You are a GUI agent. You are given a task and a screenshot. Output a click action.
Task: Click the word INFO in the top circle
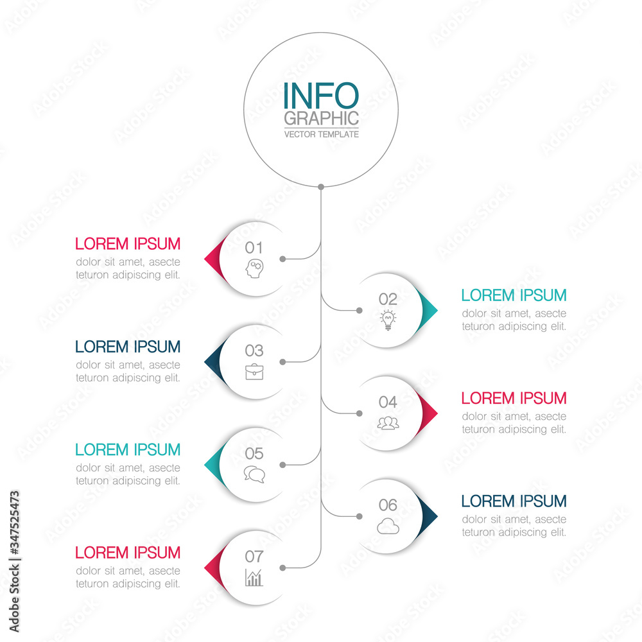pyautogui.click(x=320, y=96)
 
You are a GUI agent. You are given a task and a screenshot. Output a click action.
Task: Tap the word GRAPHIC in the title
pyautogui.click(x=321, y=119)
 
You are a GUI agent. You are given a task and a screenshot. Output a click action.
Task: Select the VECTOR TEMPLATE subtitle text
pyautogui.click(x=321, y=134)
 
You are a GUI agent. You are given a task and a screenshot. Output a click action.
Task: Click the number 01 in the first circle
pyautogui.click(x=254, y=248)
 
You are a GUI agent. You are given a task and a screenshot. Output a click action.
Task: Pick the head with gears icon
pyautogui.click(x=254, y=268)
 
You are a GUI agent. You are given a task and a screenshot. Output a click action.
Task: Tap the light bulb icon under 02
pyautogui.click(x=388, y=320)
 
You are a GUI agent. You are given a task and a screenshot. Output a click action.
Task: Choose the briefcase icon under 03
pyautogui.click(x=254, y=372)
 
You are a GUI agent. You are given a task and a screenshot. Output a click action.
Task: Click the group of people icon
pyautogui.click(x=388, y=423)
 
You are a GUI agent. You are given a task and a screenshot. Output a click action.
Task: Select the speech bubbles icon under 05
pyautogui.click(x=254, y=474)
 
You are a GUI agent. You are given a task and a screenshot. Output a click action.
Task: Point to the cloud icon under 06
pyautogui.click(x=388, y=526)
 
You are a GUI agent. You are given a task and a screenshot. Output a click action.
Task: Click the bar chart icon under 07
pyautogui.click(x=254, y=578)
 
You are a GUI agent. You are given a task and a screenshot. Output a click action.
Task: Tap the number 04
pyautogui.click(x=388, y=402)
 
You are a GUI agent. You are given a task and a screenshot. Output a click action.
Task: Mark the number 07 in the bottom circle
pyautogui.click(x=254, y=557)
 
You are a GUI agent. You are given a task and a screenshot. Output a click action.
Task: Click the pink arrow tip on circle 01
pyautogui.click(x=211, y=259)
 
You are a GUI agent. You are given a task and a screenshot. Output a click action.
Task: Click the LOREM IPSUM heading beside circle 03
pyautogui.click(x=128, y=347)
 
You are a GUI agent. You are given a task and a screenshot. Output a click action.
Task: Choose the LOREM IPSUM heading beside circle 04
pyautogui.click(x=514, y=398)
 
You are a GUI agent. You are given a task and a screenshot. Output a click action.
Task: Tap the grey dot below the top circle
pyautogui.click(x=321, y=187)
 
